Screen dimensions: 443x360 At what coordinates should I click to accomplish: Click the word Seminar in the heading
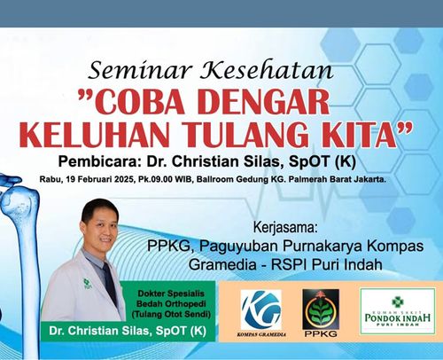(x=140, y=70)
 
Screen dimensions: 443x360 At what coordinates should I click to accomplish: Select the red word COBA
(x=130, y=102)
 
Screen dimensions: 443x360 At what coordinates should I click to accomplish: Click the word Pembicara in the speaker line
(x=98, y=162)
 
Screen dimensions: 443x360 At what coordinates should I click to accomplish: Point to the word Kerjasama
(x=285, y=228)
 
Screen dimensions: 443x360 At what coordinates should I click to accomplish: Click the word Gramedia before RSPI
(x=222, y=264)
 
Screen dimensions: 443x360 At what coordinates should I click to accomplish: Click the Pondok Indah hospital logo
(x=398, y=311)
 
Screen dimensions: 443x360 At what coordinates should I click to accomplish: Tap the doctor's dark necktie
(x=109, y=283)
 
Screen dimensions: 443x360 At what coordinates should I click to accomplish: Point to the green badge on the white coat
(x=86, y=283)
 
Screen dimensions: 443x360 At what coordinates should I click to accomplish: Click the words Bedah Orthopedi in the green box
(x=171, y=304)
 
